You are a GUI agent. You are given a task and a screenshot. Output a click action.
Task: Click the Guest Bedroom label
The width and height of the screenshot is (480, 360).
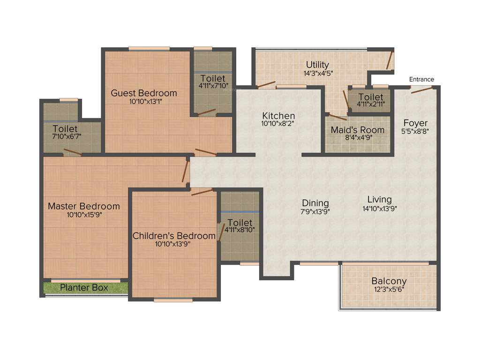click(144, 93)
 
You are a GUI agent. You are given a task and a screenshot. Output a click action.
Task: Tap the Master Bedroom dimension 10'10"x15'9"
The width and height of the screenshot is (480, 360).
click(84, 215)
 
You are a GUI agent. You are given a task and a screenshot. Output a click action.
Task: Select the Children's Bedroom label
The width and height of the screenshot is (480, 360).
click(174, 236)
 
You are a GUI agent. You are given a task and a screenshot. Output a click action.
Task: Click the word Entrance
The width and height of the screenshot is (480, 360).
click(421, 79)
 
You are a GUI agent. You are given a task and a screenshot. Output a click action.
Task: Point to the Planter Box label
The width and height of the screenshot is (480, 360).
click(84, 287)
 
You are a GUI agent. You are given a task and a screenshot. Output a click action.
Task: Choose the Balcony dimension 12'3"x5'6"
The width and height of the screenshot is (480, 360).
click(389, 289)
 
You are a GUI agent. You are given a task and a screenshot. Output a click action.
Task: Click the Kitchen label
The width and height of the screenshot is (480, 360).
click(278, 116)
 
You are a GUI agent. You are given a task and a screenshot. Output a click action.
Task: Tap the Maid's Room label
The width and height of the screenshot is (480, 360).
click(358, 130)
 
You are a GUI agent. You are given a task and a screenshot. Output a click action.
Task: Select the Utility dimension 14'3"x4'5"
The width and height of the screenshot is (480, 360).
click(317, 73)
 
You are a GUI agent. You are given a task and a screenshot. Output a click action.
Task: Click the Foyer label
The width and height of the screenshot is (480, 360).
click(415, 123)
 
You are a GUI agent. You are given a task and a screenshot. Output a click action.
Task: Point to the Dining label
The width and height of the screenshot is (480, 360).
click(315, 203)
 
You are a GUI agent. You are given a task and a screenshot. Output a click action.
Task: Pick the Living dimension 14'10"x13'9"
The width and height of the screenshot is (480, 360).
click(380, 209)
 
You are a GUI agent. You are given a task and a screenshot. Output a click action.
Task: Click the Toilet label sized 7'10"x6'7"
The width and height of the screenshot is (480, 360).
click(65, 128)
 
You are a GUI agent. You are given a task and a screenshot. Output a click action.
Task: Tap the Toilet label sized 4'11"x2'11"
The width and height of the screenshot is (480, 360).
click(370, 97)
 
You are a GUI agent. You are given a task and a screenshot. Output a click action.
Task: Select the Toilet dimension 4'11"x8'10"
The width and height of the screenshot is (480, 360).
click(240, 230)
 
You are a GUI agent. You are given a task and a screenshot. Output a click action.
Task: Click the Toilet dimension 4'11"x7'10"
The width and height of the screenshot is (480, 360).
click(212, 86)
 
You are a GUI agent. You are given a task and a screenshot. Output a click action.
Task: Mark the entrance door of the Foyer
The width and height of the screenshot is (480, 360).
click(422, 90)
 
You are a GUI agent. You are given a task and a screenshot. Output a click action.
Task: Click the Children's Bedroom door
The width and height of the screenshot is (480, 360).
click(202, 192)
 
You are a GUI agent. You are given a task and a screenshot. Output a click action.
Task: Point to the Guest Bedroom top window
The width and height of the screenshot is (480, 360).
click(149, 48)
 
